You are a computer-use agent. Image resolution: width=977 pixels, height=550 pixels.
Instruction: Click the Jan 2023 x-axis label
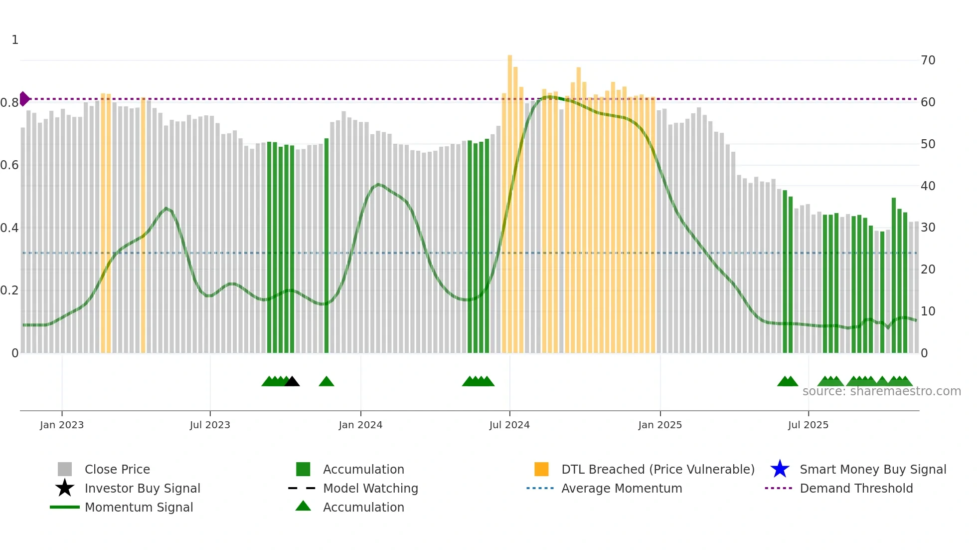[x=62, y=425]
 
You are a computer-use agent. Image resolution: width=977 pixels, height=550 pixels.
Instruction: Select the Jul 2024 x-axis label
[x=509, y=425]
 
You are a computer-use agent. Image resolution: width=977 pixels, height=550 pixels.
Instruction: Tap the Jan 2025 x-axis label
[x=660, y=425]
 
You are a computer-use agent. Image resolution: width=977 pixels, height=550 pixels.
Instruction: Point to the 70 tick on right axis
[x=928, y=60]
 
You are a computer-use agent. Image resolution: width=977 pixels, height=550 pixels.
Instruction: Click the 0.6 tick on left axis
[x=9, y=165]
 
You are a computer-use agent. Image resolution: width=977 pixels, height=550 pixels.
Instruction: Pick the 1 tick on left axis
[x=15, y=40]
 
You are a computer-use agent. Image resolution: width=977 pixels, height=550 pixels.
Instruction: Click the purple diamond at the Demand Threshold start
[x=24, y=99]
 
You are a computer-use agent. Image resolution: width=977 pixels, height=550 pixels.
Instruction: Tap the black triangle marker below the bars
[x=292, y=382]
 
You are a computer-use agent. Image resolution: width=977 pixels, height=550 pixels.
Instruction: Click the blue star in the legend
[x=780, y=469]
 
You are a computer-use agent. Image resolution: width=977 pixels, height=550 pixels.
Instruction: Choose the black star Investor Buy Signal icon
[x=65, y=488]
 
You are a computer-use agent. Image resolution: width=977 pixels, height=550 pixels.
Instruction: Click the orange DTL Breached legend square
[x=541, y=469]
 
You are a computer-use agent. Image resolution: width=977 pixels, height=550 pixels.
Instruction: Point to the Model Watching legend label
[x=370, y=488]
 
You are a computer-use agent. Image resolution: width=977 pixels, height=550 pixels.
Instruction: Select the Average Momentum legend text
[x=622, y=488]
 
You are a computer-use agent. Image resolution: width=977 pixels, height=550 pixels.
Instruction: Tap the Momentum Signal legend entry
[x=139, y=507]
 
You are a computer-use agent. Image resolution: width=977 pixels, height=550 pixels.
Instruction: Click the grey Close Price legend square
[x=65, y=469]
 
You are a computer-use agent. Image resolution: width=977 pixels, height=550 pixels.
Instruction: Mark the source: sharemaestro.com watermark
[x=881, y=391]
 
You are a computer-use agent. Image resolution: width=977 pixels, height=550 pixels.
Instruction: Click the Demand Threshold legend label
[x=856, y=488]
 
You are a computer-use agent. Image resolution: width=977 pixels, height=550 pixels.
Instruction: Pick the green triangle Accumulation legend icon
[x=303, y=506]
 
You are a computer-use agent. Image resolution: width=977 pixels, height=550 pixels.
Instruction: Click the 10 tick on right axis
[x=928, y=311]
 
